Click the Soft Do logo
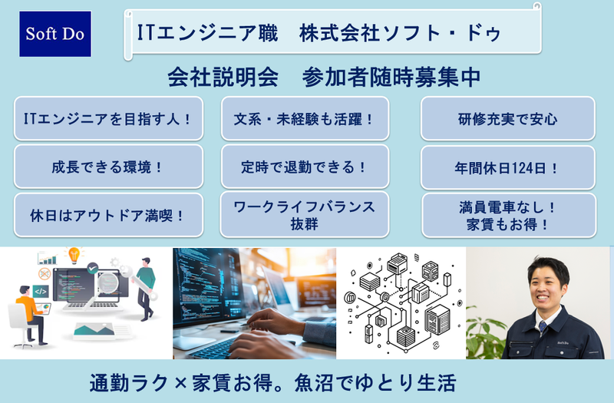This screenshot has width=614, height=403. click(x=55, y=35)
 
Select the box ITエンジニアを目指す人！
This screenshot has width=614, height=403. click(x=108, y=119)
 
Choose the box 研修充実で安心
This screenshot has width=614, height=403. click(x=507, y=119)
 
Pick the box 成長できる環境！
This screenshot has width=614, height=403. click(x=108, y=167)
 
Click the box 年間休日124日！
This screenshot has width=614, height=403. click(x=507, y=167)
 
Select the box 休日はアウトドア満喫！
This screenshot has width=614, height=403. click(x=108, y=215)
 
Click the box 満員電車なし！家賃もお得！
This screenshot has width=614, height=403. click(x=507, y=215)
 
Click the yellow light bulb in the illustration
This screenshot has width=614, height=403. click(x=74, y=254)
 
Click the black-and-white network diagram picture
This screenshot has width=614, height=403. click(x=400, y=302)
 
